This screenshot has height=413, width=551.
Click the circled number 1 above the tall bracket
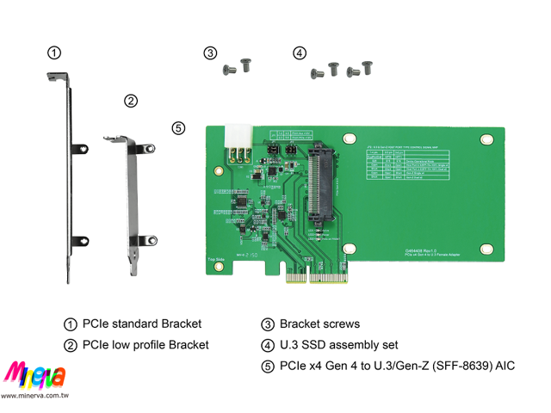click(54, 53)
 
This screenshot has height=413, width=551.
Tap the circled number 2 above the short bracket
click(130, 101)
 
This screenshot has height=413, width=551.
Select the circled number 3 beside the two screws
click(210, 53)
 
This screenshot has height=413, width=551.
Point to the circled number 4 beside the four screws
click(299, 53)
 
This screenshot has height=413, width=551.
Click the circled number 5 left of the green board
click(178, 128)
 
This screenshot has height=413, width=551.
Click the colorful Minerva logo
click(34, 376)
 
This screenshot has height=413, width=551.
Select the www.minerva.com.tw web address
click(34, 396)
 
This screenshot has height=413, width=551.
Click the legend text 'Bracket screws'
click(319, 324)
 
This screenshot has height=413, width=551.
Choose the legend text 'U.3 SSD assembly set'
click(338, 345)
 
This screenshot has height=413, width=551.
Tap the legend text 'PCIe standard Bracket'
click(142, 324)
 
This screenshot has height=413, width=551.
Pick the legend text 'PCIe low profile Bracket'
click(145, 345)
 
